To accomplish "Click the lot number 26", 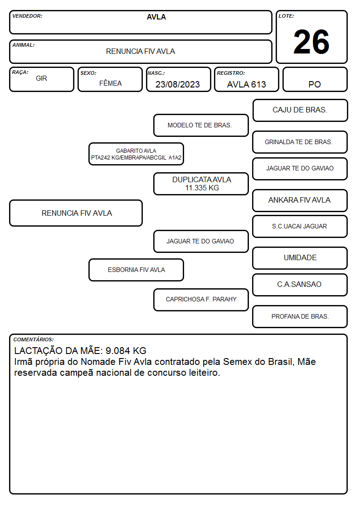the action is (311, 42).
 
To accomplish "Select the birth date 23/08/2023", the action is (178, 84).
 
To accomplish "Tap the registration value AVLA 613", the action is (246, 84).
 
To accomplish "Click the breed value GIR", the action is (42, 78).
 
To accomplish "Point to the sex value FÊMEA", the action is (110, 83).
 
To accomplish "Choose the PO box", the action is (315, 79).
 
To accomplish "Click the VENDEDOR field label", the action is (27, 16).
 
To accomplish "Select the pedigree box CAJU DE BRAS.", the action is (300, 111).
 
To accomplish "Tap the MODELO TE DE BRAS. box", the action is (201, 125).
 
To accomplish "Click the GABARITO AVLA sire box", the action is (136, 154).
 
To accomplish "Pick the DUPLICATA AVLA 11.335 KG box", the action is (201, 184).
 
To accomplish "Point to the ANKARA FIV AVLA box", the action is (300, 200).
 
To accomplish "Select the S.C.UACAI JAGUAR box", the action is (300, 226).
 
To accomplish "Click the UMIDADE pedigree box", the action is (300, 258).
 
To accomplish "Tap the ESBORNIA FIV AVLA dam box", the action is (136, 270).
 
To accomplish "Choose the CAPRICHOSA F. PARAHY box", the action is (201, 300).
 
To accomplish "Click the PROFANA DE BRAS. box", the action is (300, 316).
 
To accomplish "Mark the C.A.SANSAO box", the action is (300, 285).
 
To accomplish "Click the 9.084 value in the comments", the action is (117, 351).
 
